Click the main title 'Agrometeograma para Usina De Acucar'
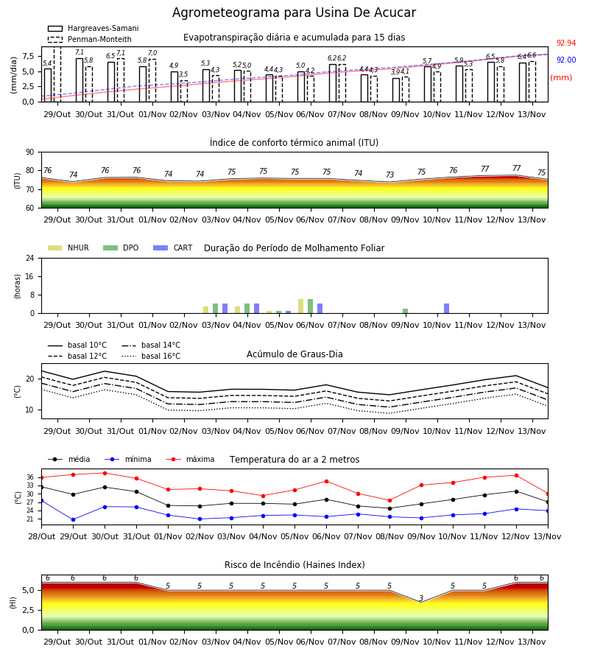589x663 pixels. point(294,13)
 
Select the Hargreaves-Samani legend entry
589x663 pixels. point(94,28)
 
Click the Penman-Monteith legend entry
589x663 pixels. point(90,39)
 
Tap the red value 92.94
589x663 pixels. point(566,43)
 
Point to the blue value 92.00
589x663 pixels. point(566,60)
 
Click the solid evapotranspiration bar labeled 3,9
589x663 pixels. point(396,90)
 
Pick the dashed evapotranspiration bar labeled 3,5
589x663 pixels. point(184,91)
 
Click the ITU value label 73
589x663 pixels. point(389,175)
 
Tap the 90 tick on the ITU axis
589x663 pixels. point(30,152)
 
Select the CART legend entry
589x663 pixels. point(173,248)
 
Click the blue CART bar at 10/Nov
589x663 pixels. point(447,308)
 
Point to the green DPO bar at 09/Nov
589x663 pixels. point(405,311)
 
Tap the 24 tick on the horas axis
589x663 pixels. point(30,258)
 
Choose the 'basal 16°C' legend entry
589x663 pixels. point(151,356)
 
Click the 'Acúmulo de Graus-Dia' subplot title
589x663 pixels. point(294,354)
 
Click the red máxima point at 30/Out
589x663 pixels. point(105,473)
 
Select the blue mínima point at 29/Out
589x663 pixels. point(73,519)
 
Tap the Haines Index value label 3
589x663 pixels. point(421,598)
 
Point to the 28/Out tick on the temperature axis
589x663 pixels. point(41,536)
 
